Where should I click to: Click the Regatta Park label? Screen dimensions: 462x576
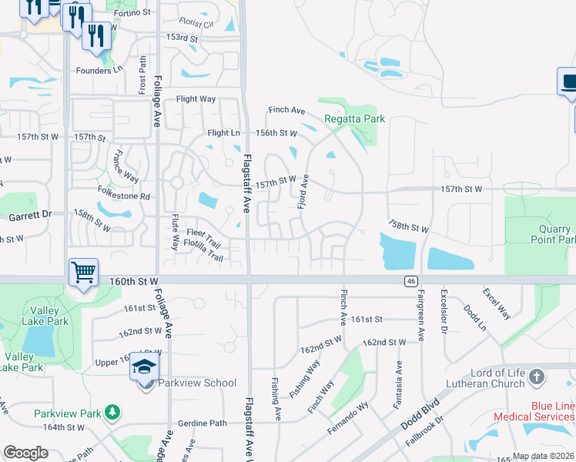click(x=354, y=119)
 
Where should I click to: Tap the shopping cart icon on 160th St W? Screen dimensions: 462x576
click(x=83, y=271)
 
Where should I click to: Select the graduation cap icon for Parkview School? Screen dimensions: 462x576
click(x=144, y=367)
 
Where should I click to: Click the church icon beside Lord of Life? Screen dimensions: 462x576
click(x=537, y=377)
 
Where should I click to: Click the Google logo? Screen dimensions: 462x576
click(x=25, y=453)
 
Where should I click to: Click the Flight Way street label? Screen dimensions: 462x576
click(x=196, y=99)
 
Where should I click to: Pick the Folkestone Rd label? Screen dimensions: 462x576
click(x=123, y=196)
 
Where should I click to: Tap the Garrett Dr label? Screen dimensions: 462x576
click(x=29, y=216)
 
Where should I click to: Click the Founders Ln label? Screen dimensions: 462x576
click(x=99, y=70)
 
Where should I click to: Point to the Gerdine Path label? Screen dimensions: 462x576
click(x=203, y=423)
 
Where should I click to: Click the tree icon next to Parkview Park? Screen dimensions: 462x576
click(x=113, y=413)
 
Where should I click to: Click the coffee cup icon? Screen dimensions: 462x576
click(x=568, y=82)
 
